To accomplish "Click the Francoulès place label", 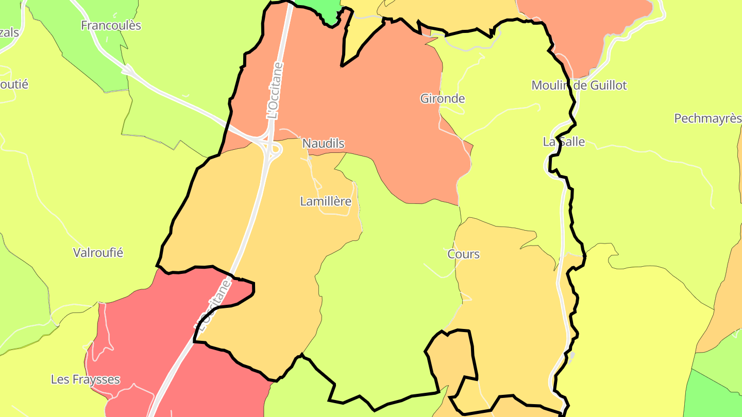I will point(111,25).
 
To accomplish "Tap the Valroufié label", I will point(98,253).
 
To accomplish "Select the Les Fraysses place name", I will point(85,380).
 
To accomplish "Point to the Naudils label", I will point(323,144).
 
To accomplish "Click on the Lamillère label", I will point(326,201).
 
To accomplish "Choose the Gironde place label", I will point(443,98).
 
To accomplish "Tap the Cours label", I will point(463,254).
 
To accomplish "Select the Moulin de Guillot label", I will point(579,85).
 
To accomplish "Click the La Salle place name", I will point(564,142).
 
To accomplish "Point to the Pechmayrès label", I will point(707,118).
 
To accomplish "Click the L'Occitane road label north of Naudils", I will point(275,91).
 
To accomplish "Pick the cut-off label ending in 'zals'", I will point(9,32).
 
